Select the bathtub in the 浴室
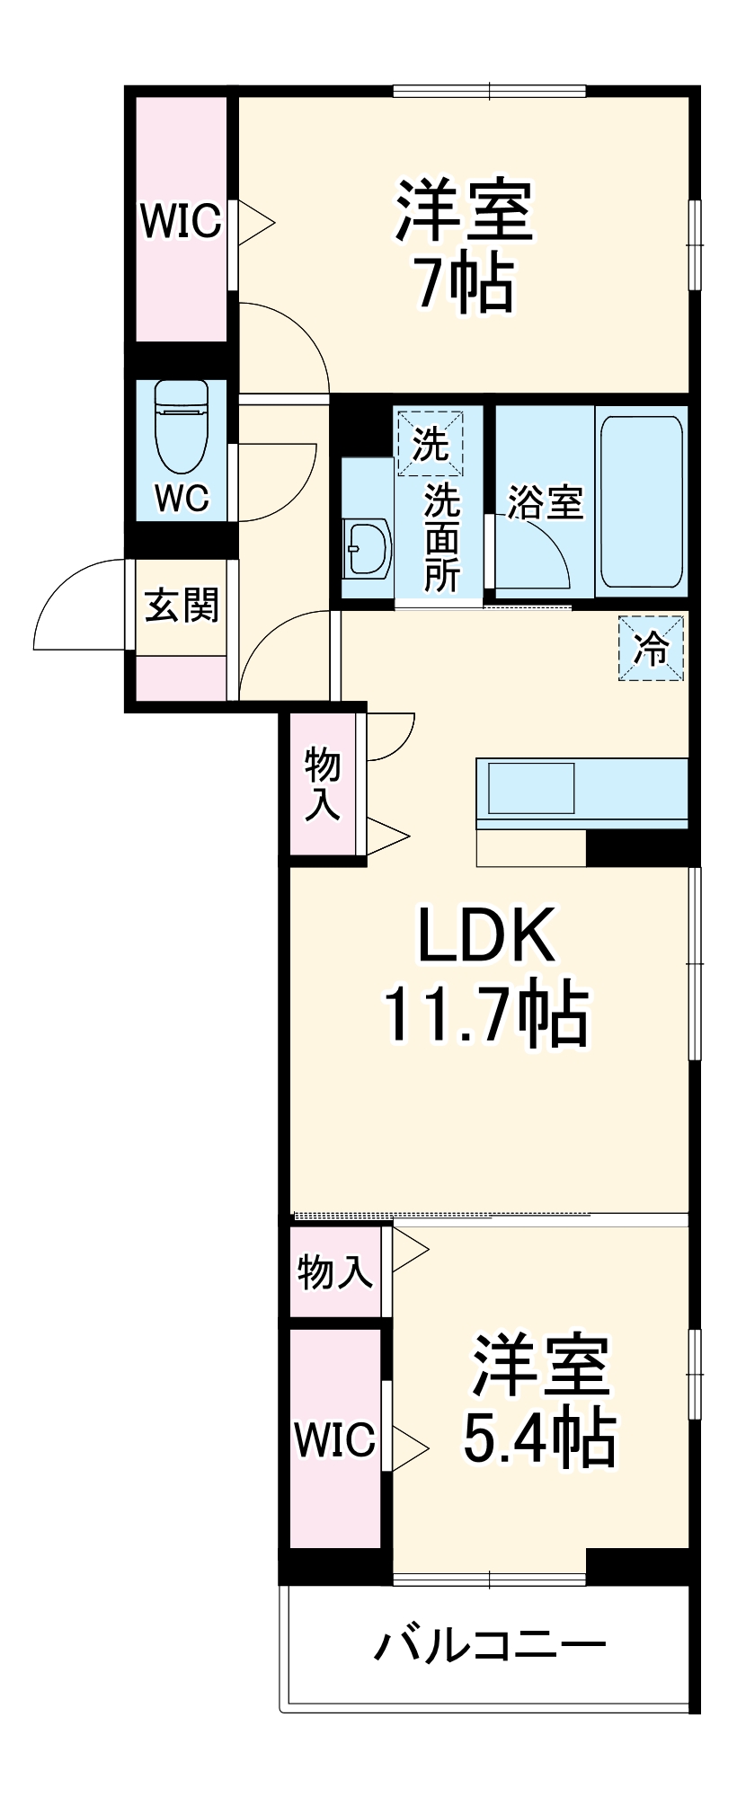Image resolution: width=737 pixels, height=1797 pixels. [x=641, y=500]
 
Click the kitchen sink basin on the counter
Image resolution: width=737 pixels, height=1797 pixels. [x=530, y=788]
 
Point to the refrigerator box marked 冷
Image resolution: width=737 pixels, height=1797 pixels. [x=652, y=648]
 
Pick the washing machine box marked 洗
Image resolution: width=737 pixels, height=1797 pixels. [x=430, y=442]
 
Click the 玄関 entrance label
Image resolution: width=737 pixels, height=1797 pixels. [x=182, y=605]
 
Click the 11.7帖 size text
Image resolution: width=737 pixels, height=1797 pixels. [x=486, y=1015]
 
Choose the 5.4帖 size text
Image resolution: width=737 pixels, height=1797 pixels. [x=538, y=1438]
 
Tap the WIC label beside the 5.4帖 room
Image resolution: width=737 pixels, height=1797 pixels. [x=334, y=1439]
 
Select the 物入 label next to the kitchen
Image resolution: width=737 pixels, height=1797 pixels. [x=323, y=783]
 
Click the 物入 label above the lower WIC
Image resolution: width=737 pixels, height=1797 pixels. [x=334, y=1271]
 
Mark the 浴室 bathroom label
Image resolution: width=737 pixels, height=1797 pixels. [x=546, y=501]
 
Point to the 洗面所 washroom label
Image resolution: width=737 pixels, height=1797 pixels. [x=441, y=537]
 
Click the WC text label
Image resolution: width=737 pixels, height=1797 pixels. [x=182, y=497]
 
